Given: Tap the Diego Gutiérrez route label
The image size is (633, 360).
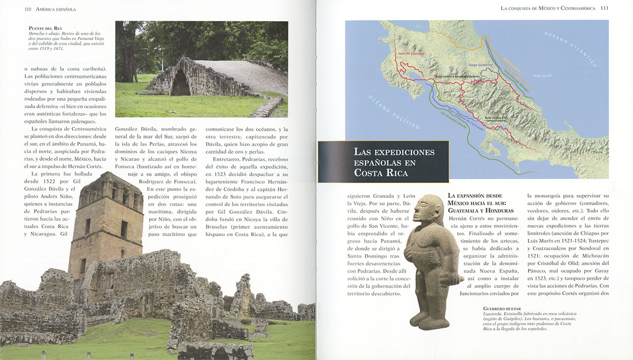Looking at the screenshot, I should (480, 65).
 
